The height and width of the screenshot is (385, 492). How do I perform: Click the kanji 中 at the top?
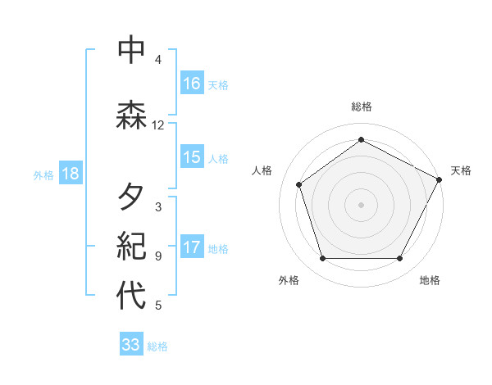pos(131,51)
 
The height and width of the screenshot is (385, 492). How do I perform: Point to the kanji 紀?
pos(131,246)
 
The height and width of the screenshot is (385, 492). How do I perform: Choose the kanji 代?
pos(131,297)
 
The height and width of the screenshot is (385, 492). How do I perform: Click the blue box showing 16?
pos(192,84)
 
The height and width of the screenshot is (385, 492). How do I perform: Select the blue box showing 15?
pos(192,157)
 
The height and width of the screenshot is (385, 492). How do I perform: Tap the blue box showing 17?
pos(192,248)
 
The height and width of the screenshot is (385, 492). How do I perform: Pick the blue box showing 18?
pos(70,174)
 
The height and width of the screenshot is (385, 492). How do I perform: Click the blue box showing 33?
pos(131,345)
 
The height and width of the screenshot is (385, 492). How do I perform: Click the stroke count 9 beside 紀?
pos(157,256)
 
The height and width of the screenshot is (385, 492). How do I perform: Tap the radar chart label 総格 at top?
pos(362,106)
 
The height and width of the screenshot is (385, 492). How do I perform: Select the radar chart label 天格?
pos(461,170)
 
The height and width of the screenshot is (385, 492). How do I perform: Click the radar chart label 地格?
pos(430,281)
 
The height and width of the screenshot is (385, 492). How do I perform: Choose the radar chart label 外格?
pos(289,281)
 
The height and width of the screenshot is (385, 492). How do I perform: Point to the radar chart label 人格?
pos(262,170)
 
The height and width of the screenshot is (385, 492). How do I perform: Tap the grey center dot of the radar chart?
pos(362,204)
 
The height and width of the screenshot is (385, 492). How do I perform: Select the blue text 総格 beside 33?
pos(157,346)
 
